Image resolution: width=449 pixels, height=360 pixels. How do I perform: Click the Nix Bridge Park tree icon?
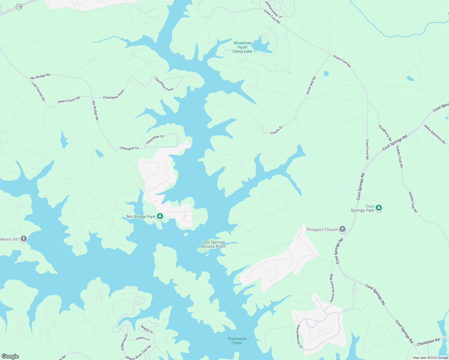tap(160, 216)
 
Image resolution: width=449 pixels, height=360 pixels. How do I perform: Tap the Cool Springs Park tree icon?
tap(379, 208)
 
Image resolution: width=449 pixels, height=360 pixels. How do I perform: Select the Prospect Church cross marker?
tap(342, 229)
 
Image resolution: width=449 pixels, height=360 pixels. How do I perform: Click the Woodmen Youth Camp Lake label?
tap(243, 47)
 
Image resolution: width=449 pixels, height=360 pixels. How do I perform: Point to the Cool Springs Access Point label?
tap(213, 244)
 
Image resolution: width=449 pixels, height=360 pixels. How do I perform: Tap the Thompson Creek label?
tap(237, 341)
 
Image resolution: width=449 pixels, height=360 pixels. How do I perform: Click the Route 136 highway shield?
tap(19, 7)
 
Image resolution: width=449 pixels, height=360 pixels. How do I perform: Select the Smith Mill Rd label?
tap(311, 85)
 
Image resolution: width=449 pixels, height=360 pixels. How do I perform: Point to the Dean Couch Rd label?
tap(69, 100)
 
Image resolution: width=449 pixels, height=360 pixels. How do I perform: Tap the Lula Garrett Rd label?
tap(38, 91)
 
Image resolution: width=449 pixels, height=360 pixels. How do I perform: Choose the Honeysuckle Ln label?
tap(273, 9)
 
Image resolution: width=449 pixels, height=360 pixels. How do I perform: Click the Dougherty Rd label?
tap(385, 133)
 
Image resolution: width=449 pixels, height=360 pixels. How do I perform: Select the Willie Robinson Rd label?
tap(435, 134)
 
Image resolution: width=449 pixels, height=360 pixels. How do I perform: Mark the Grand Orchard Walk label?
tap(332, 288)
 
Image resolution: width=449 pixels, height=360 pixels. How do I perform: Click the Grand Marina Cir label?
tap(300, 336)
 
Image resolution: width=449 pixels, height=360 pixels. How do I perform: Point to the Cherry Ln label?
tap(143, 339)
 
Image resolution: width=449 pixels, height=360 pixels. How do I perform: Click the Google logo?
tap(10, 356)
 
